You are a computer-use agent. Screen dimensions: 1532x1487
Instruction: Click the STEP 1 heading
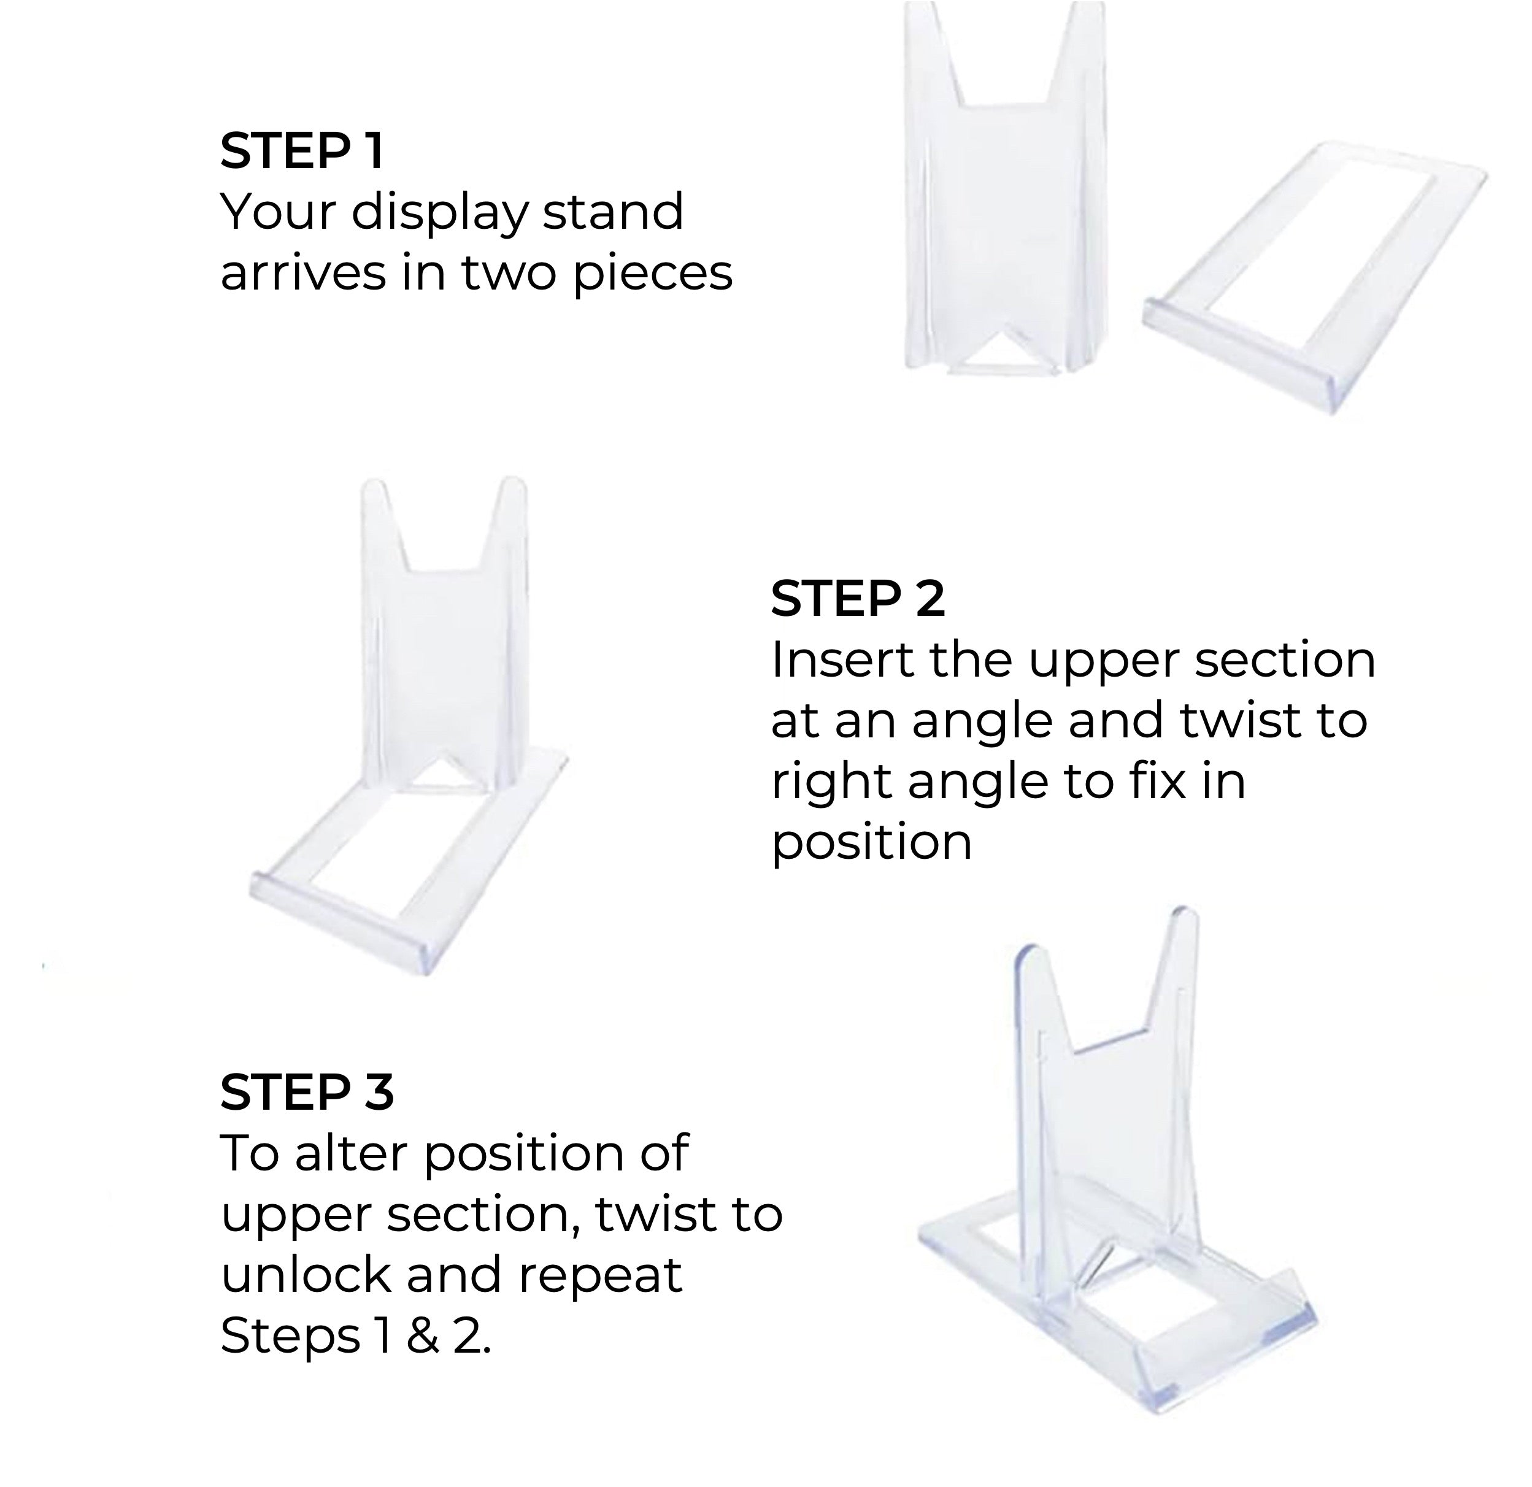302,150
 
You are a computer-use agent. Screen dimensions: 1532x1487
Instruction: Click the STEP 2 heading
858,599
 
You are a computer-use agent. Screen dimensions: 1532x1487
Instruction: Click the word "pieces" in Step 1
653,274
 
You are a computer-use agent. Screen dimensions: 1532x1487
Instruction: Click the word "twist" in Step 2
1238,720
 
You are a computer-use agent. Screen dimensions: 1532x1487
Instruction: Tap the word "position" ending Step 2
871,842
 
